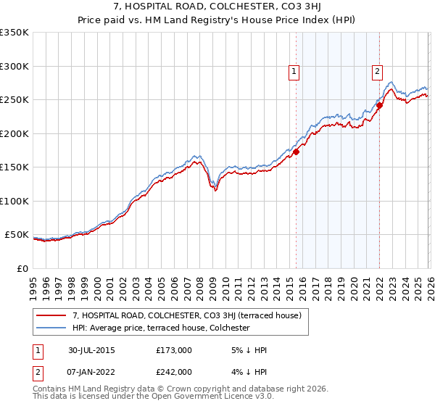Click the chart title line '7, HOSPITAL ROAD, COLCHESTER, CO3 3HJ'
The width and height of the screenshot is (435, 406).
click(217, 7)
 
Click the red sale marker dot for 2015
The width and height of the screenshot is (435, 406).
click(296, 152)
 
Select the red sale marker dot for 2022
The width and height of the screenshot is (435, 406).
click(379, 106)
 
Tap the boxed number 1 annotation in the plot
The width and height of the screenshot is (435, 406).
click(294, 71)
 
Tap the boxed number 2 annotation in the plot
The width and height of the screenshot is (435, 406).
click(378, 71)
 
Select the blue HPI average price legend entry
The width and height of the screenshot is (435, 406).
click(161, 328)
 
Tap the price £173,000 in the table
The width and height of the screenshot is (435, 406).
click(174, 350)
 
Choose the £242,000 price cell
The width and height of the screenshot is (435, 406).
click(174, 371)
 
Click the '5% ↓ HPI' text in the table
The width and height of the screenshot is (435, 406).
click(247, 350)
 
